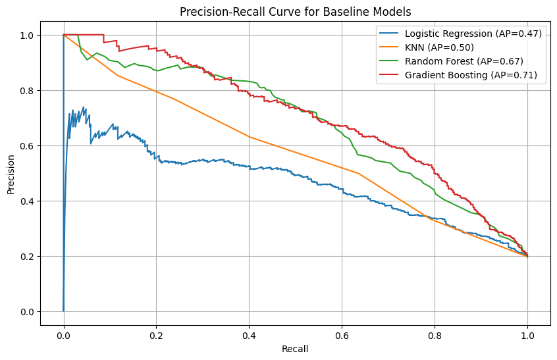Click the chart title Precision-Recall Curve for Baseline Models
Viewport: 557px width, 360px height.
tap(295, 11)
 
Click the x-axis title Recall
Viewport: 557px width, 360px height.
tap(295, 348)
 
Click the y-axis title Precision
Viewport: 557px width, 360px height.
tap(11, 173)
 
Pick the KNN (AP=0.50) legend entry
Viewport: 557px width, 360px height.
tap(439, 48)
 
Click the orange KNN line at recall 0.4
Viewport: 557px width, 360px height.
tap(249, 136)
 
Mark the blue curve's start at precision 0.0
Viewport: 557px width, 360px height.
tap(64, 311)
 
